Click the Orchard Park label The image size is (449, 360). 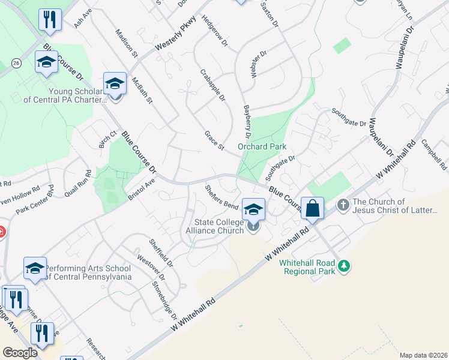click(262, 146)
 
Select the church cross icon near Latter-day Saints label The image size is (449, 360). click(343, 205)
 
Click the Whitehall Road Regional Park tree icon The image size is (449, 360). click(343, 265)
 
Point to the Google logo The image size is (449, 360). click(20, 353)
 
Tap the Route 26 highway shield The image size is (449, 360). click(16, 62)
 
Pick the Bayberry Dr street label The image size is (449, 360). click(247, 119)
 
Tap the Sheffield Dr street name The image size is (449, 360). click(161, 253)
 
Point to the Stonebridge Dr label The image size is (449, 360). click(165, 300)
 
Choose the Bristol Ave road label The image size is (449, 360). click(142, 189)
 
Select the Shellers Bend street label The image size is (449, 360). click(221, 196)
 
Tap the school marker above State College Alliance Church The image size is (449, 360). click(253, 209)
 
